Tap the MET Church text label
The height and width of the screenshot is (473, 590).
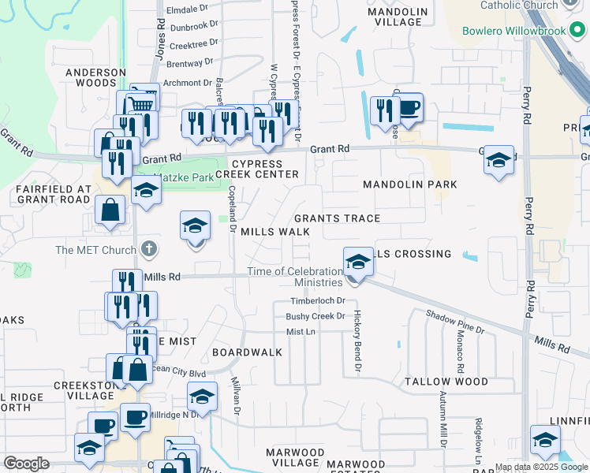point(95,251)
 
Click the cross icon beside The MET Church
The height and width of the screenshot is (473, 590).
point(149,250)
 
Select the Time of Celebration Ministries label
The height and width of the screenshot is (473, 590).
point(293,277)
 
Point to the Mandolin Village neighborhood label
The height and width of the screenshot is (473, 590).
point(398,17)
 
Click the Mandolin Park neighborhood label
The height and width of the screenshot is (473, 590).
point(409,184)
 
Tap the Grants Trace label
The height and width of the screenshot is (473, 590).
point(337,218)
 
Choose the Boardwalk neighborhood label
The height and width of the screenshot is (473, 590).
point(247,352)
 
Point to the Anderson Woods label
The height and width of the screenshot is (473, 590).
point(95,77)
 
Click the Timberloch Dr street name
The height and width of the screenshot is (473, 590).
point(318,301)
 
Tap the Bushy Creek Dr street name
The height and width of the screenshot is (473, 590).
point(316,316)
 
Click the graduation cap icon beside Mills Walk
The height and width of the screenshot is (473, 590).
point(195,227)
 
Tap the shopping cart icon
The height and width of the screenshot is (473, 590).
point(140,104)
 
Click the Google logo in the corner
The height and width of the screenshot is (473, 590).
point(26,464)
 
